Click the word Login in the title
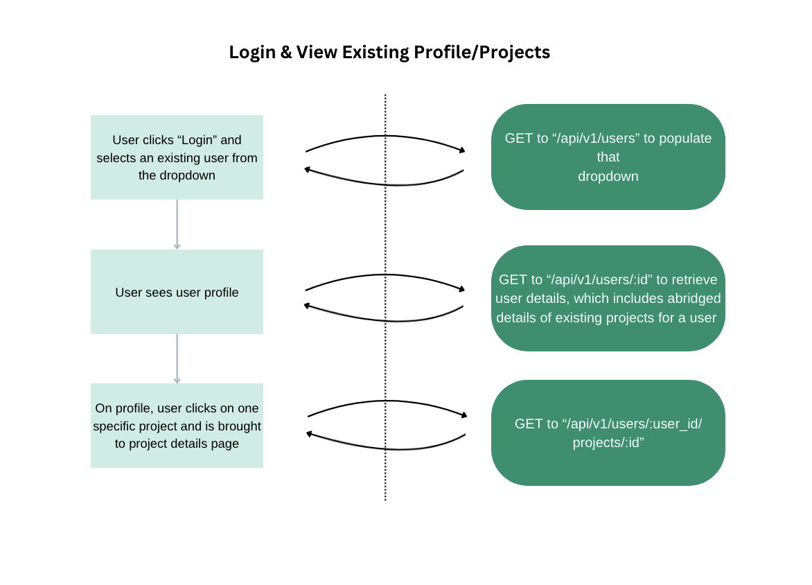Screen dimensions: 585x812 [251, 53]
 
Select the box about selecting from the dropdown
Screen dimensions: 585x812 [177, 157]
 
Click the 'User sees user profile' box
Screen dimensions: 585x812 [177, 292]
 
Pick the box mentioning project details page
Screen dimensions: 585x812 [177, 426]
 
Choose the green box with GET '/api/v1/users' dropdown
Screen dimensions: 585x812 [608, 157]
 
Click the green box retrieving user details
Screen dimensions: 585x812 [608, 298]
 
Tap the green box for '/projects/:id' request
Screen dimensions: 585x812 [608, 433]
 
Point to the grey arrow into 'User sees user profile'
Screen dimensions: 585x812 [177, 225]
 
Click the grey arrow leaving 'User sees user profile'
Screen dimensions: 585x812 [177, 358]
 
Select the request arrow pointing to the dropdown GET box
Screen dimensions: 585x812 [385, 137]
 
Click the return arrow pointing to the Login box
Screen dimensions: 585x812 [385, 184]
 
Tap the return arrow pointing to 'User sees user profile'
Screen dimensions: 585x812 [385, 320]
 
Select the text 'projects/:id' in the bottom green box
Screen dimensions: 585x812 [608, 442]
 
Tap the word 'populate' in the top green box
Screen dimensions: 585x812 [686, 138]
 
